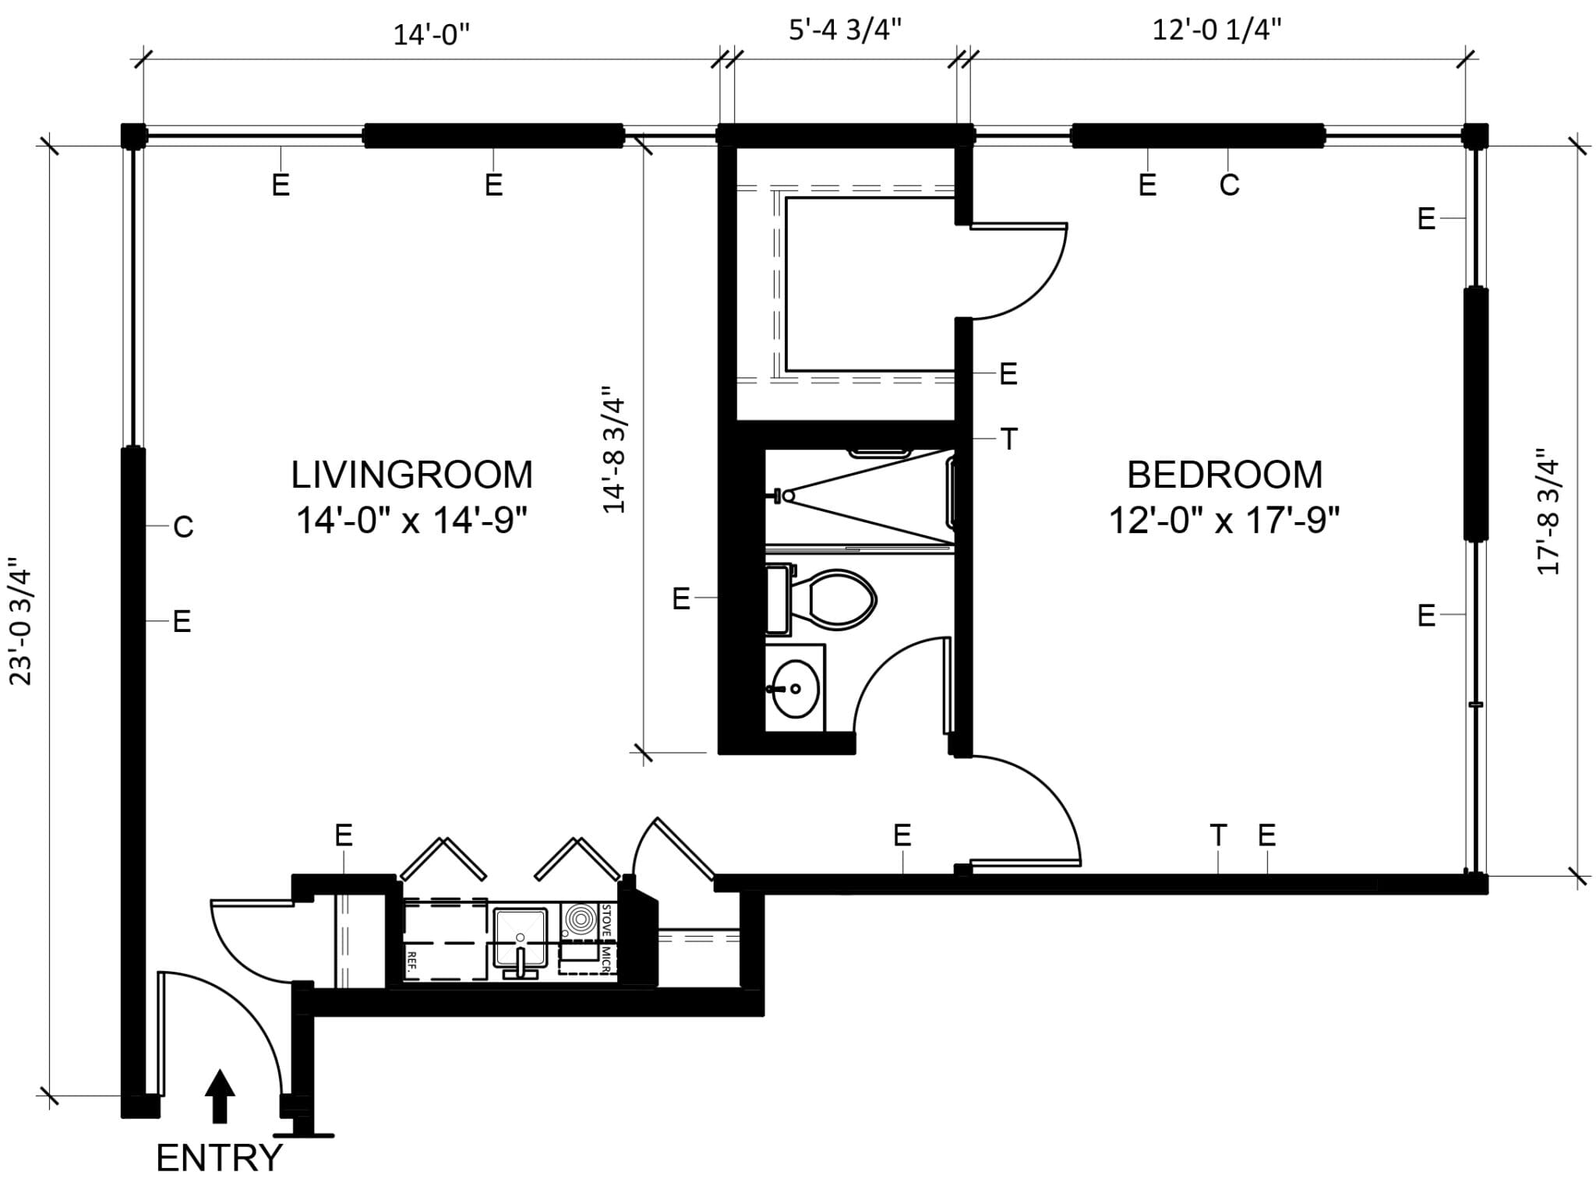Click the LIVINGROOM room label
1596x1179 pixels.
tap(411, 475)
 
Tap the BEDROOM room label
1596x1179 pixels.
tap(1224, 475)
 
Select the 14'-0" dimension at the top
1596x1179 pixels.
tap(431, 35)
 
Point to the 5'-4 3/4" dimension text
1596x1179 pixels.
tap(846, 30)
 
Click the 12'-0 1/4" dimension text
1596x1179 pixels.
tap(1216, 30)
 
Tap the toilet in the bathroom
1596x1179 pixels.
tap(838, 599)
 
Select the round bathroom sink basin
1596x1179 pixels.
tap(795, 689)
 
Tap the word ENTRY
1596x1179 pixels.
tap(219, 1158)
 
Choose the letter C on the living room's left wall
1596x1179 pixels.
tap(183, 528)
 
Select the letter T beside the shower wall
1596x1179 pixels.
tap(1009, 439)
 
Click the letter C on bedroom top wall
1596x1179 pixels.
tap(1229, 185)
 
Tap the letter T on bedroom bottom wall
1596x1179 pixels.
tap(1218, 835)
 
